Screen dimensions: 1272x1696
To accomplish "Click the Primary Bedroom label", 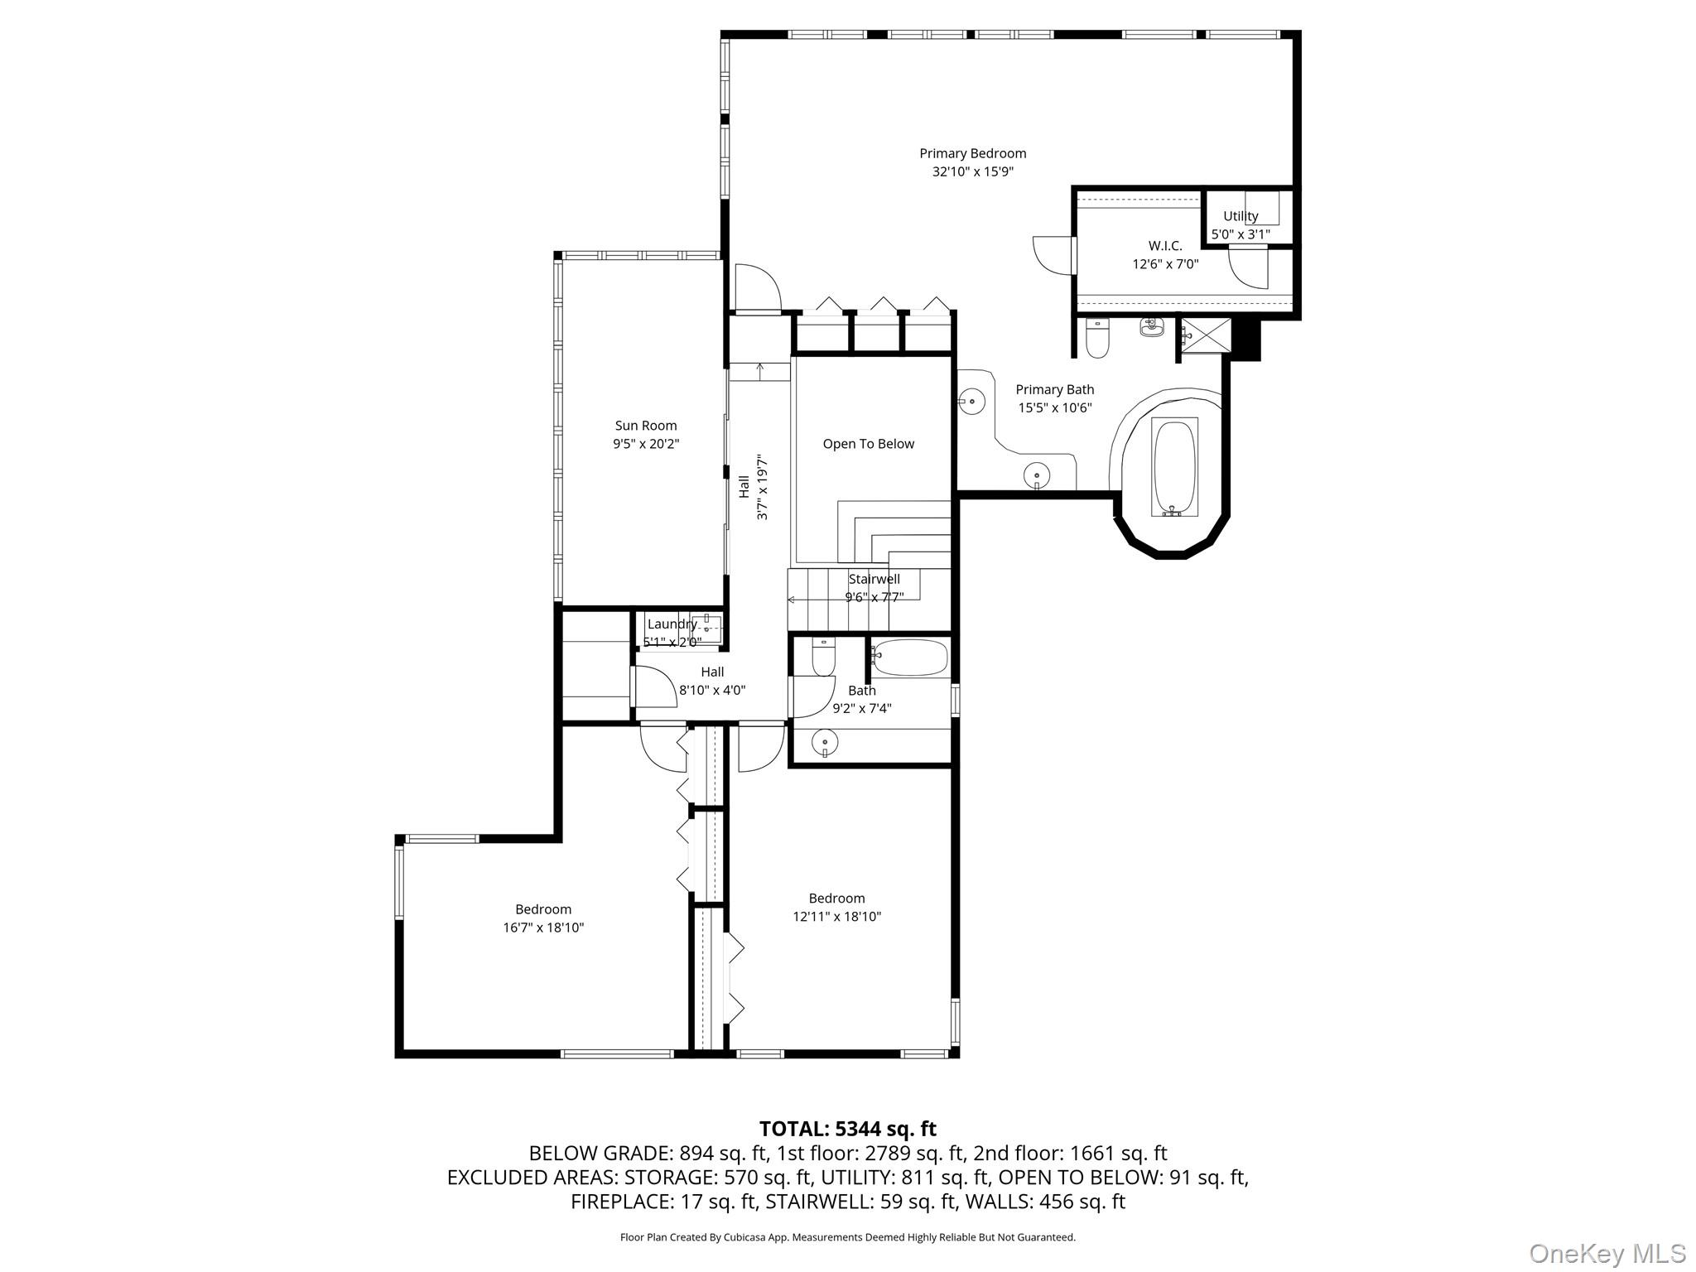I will (972, 153).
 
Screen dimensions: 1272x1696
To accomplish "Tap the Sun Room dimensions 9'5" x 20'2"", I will (646, 444).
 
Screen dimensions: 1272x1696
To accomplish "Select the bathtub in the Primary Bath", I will (1173, 468).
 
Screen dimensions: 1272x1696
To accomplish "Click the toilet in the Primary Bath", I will (1097, 339).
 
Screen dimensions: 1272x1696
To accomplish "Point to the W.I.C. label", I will (1165, 246).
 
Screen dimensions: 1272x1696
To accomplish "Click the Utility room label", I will (1241, 216).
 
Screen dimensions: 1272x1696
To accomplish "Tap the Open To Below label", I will (868, 444).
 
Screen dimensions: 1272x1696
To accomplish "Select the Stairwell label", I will (874, 579).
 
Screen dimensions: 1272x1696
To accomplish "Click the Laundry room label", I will (672, 624).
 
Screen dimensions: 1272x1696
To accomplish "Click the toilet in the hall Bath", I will (823, 658).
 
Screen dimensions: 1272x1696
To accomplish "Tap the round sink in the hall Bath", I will (826, 741).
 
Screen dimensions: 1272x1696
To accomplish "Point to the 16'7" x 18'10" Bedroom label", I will (543, 909).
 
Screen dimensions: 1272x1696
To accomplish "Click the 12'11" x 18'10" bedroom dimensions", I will (836, 917).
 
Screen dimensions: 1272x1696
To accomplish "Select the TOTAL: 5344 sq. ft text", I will (847, 1129).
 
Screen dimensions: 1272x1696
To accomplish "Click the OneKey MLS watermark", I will (1607, 1253).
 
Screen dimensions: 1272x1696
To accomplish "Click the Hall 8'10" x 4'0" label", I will (712, 672).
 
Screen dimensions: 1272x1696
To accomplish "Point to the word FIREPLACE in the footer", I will (619, 1202).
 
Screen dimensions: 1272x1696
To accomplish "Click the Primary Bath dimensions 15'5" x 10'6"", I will (1054, 407).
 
